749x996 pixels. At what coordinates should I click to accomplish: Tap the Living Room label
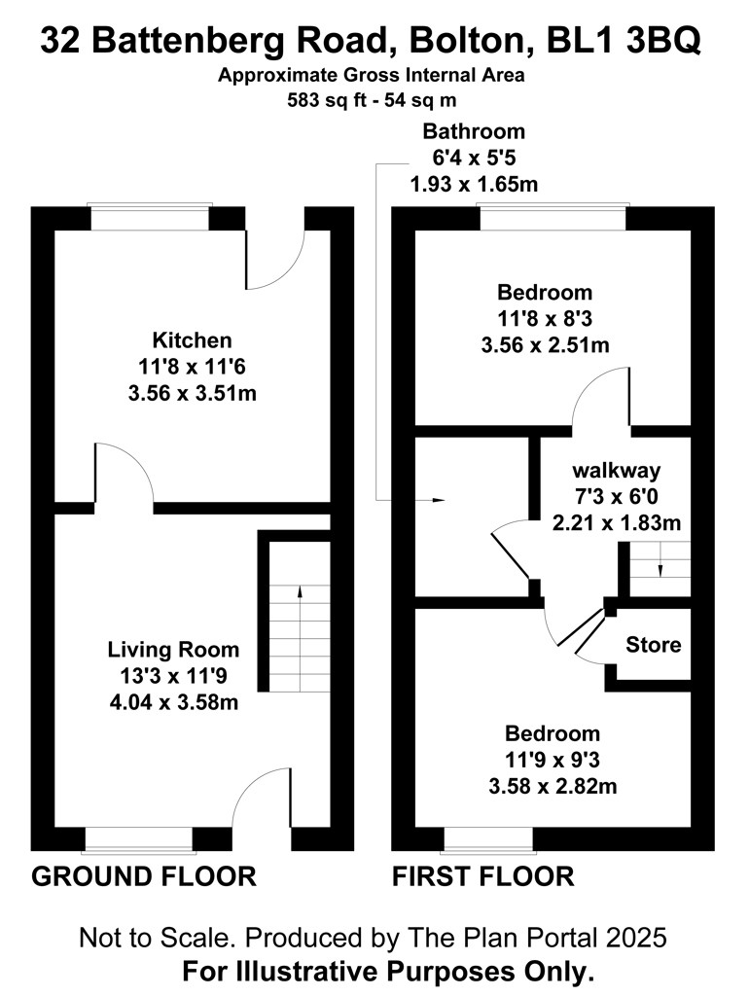point(173,649)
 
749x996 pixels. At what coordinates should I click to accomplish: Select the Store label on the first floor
point(653,645)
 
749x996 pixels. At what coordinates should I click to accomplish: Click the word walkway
point(617,471)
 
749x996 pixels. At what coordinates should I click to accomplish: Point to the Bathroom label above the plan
point(474,131)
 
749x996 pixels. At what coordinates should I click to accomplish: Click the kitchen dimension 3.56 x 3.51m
point(193,393)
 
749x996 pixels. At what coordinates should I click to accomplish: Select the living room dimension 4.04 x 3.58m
point(174,702)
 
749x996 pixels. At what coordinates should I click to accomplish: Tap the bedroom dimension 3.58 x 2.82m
point(553,786)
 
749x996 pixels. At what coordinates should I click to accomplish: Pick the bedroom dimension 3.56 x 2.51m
point(545,345)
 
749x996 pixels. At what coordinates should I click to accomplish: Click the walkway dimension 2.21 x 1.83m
point(617,523)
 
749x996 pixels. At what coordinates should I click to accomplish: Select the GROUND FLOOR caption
point(144,876)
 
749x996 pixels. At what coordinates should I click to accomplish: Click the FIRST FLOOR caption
point(482,876)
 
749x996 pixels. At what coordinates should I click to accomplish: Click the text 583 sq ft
point(324,100)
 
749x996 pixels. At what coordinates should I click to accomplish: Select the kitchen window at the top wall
point(150,217)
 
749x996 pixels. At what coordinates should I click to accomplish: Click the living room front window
point(138,838)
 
